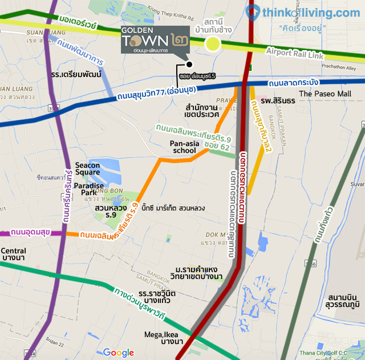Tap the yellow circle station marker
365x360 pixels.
pos(213,43)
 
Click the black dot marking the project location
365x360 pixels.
pos(189,64)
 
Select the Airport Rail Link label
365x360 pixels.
pos(295,52)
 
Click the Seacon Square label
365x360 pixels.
pos(87,169)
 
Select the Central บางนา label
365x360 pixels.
pos(13,255)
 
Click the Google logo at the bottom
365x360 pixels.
pos(118,353)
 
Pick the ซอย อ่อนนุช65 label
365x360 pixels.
pos(197,75)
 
